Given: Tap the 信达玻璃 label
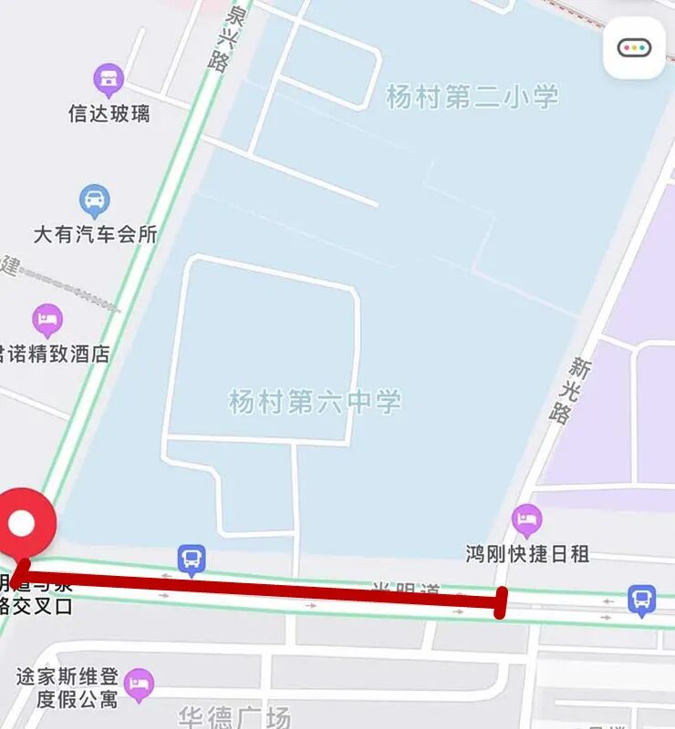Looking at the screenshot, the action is [x=109, y=114].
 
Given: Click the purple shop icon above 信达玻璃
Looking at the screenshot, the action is [x=109, y=80].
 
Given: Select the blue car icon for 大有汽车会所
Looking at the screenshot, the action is [x=94, y=200].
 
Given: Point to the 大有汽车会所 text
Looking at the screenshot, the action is [x=95, y=234].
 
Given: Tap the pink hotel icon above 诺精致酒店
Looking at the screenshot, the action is [x=47, y=320].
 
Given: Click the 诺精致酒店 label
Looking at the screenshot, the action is [x=55, y=354].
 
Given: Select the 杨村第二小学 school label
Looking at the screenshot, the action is [x=472, y=98].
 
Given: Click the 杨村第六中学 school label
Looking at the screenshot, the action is [x=315, y=401].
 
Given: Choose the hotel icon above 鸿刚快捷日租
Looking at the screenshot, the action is [x=526, y=520].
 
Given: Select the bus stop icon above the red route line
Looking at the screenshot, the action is [x=191, y=559].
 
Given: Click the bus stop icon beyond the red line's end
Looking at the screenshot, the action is [x=641, y=600].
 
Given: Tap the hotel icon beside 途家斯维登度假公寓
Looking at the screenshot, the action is [x=139, y=684].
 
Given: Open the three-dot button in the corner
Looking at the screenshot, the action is [x=634, y=47].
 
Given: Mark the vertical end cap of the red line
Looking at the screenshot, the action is [x=500, y=602].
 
